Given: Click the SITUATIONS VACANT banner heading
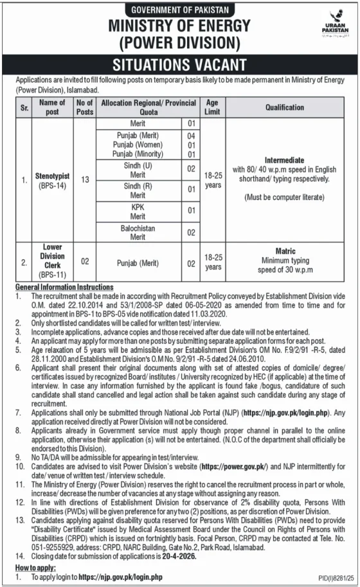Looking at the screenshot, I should (x=179, y=64).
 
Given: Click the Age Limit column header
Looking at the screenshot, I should (x=212, y=107).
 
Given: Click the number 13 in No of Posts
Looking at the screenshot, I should (x=85, y=181).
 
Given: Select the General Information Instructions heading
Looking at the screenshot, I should (x=64, y=287).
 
